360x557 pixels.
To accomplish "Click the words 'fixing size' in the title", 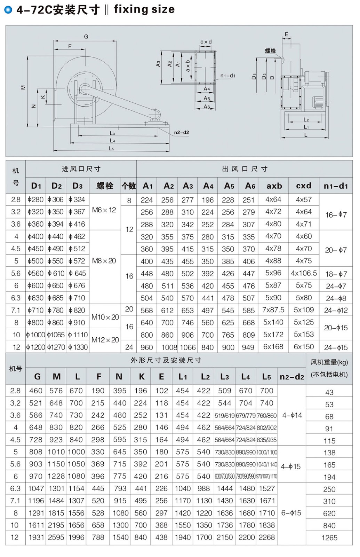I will [144, 9].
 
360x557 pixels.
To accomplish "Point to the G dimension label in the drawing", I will [86, 36].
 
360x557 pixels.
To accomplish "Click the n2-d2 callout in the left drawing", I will [182, 133].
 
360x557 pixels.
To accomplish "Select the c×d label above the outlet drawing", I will [206, 42].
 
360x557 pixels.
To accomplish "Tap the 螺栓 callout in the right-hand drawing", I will [270, 51].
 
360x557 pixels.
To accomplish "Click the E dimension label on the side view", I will [287, 34].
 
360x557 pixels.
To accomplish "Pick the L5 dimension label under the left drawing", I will [111, 149].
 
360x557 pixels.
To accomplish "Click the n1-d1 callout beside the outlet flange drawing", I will [228, 76].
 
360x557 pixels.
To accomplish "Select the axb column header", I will [274, 186].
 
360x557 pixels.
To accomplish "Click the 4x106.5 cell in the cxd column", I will [304, 273].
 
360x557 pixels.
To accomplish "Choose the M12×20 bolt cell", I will [105, 340].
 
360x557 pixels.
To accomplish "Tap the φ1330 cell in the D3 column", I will [78, 347].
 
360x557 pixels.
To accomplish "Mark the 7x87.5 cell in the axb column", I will [273, 310].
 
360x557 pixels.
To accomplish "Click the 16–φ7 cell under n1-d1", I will [336, 215].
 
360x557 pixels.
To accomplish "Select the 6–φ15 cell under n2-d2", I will [291, 513].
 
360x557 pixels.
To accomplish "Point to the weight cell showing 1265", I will [329, 538].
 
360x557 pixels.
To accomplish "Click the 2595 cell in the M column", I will [56, 538].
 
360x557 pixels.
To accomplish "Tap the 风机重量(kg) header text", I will [329, 362].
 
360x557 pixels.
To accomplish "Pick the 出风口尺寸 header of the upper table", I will [245, 169].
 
